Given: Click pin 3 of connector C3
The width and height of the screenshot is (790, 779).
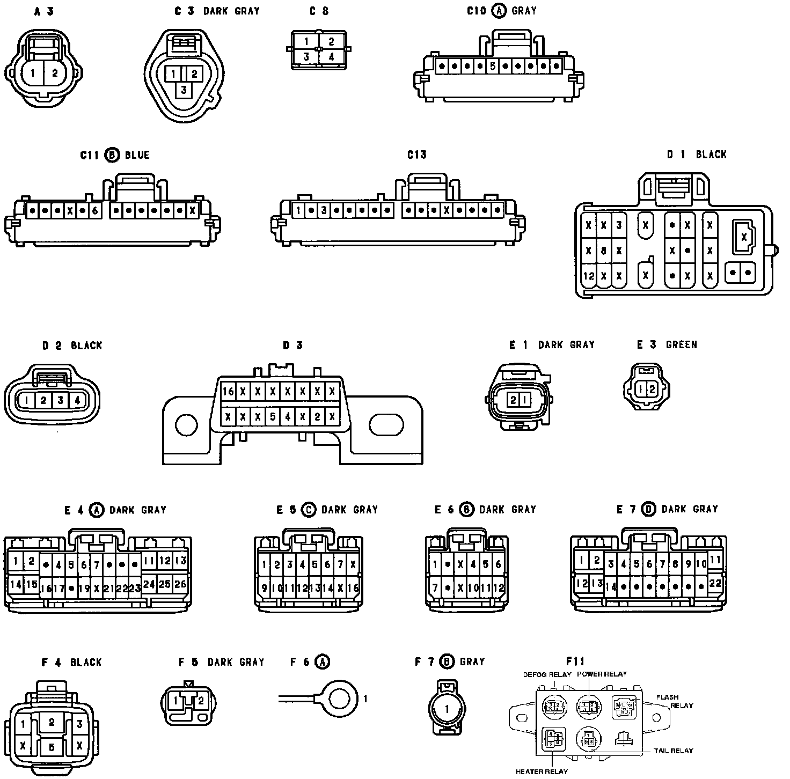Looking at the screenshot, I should click(x=184, y=90).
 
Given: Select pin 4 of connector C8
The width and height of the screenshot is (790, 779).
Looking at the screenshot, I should click(x=331, y=56).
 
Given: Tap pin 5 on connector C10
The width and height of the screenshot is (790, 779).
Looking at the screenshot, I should click(x=493, y=67).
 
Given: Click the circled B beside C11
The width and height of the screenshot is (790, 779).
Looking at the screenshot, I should click(x=112, y=155).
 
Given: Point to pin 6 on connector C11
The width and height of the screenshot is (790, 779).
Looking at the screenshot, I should click(x=94, y=210).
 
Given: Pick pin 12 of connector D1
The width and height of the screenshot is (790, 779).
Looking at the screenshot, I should click(x=589, y=276).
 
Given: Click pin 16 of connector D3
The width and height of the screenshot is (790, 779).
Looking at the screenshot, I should click(x=228, y=391).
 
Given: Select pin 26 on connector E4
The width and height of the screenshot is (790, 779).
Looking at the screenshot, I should click(x=180, y=583).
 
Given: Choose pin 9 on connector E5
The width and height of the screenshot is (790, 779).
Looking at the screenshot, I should click(x=264, y=588).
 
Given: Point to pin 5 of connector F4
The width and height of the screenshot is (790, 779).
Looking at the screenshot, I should click(x=52, y=746).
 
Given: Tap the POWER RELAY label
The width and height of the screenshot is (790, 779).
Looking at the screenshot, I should click(x=602, y=674).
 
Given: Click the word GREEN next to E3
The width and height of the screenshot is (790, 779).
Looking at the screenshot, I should click(x=681, y=345).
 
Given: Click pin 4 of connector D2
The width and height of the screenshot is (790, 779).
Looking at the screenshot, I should click(x=77, y=400).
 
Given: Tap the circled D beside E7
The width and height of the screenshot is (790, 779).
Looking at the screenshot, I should click(x=649, y=509).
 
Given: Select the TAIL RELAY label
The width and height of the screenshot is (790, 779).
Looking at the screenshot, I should click(x=673, y=751).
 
